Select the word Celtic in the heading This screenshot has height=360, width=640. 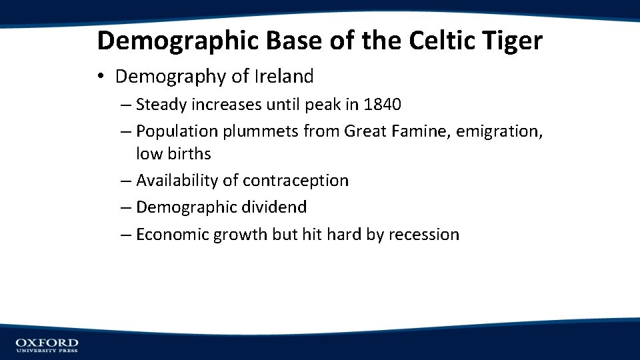click(439, 41)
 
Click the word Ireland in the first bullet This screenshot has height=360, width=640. click(283, 77)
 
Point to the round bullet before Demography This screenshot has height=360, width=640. click(101, 77)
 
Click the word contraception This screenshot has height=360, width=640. click(295, 181)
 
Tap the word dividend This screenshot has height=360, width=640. click(275, 207)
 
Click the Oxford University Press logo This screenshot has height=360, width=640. click(47, 345)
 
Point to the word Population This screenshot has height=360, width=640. click(177, 131)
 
